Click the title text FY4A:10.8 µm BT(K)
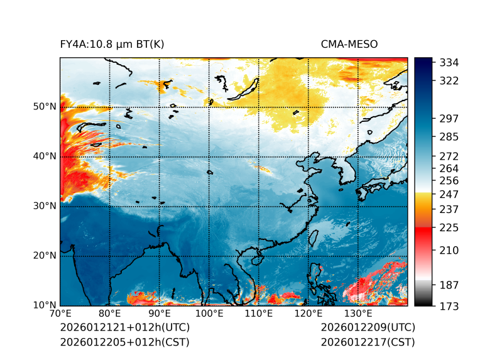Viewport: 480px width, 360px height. coord(112,44)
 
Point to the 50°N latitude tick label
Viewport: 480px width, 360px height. coord(45,107)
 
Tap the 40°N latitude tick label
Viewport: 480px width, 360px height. coord(45,156)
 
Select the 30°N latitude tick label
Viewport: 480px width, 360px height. coord(45,206)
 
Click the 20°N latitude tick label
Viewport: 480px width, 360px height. coord(45,256)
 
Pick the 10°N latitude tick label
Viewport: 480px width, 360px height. coord(45,305)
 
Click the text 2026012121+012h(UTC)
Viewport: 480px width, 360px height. coord(124,328)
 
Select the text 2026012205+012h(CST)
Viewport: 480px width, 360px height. coord(124,342)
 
